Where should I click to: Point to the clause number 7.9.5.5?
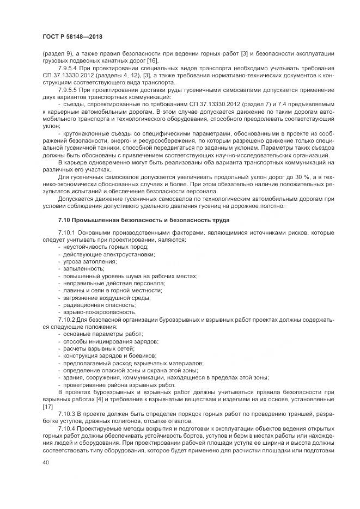click(x=70, y=89)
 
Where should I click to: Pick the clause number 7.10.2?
click(x=68, y=319)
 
